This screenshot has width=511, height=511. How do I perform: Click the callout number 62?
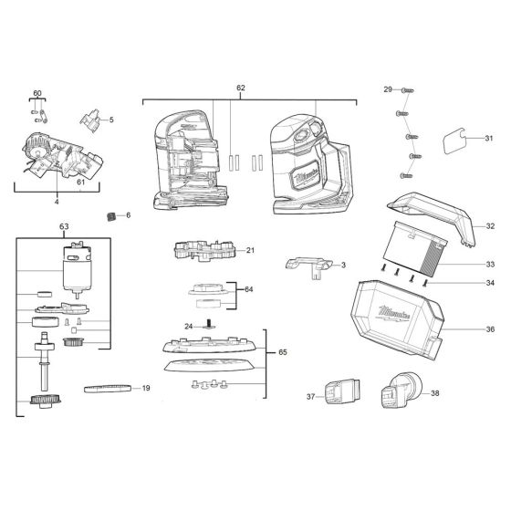(241, 88)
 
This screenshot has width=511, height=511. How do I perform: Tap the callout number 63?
(64, 225)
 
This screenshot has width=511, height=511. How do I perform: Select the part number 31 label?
(488, 139)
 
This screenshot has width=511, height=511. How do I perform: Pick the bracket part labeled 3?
(307, 264)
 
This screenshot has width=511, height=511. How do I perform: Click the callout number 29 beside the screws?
(387, 89)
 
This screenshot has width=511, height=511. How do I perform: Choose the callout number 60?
(37, 94)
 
